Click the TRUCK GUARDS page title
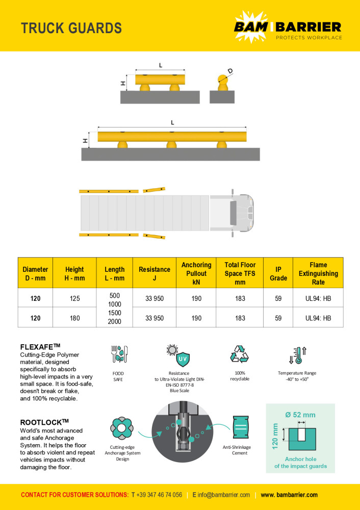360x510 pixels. point(71,28)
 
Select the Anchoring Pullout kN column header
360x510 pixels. point(196,273)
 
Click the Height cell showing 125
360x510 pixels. point(74,298)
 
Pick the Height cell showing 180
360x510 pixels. point(74,318)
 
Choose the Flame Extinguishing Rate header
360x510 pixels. point(318,273)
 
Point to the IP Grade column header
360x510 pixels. point(278,273)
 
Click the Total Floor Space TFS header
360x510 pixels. point(240,273)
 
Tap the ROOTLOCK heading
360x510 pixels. point(44,422)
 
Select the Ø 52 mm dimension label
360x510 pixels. point(300,414)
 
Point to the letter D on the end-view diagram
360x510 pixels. point(230,71)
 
